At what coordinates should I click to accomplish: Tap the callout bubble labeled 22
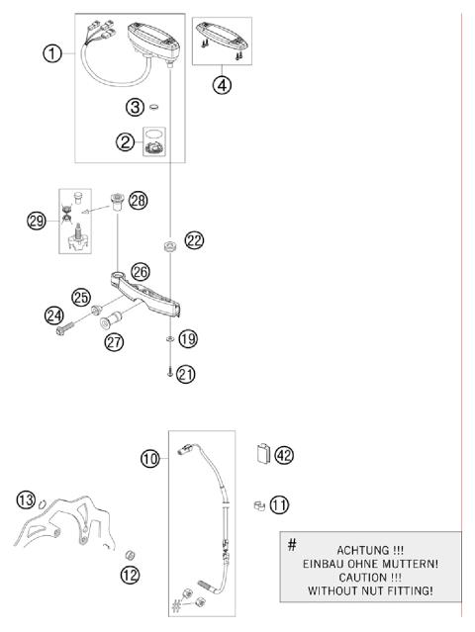click(x=193, y=240)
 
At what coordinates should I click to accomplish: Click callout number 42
click(x=285, y=455)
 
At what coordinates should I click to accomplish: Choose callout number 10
click(x=149, y=458)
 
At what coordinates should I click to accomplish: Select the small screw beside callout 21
click(x=170, y=374)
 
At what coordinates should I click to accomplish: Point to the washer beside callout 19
click(x=170, y=339)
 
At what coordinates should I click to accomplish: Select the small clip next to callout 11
click(x=255, y=504)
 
